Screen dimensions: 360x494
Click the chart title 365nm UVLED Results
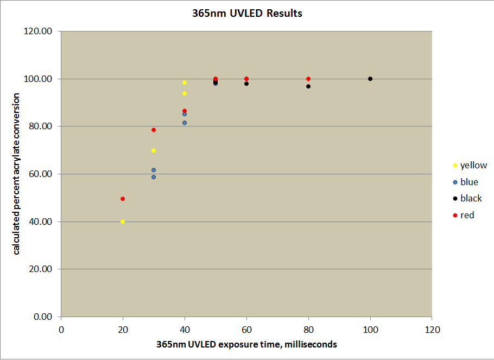click(247, 13)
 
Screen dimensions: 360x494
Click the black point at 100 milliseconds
click(370, 79)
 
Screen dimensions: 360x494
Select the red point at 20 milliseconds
click(123, 199)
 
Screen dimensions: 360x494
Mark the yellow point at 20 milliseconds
click(123, 222)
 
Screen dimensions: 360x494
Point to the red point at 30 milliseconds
click(154, 130)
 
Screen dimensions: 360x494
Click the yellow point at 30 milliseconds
click(154, 150)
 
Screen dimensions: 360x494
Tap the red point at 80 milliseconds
click(308, 79)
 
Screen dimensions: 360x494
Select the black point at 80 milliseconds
click(308, 86)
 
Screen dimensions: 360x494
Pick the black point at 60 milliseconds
click(246, 84)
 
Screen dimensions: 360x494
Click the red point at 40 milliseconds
click(185, 111)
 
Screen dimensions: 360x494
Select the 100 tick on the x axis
click(370, 329)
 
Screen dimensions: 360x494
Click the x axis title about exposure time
click(246, 344)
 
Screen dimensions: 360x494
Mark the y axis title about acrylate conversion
click(17, 174)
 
